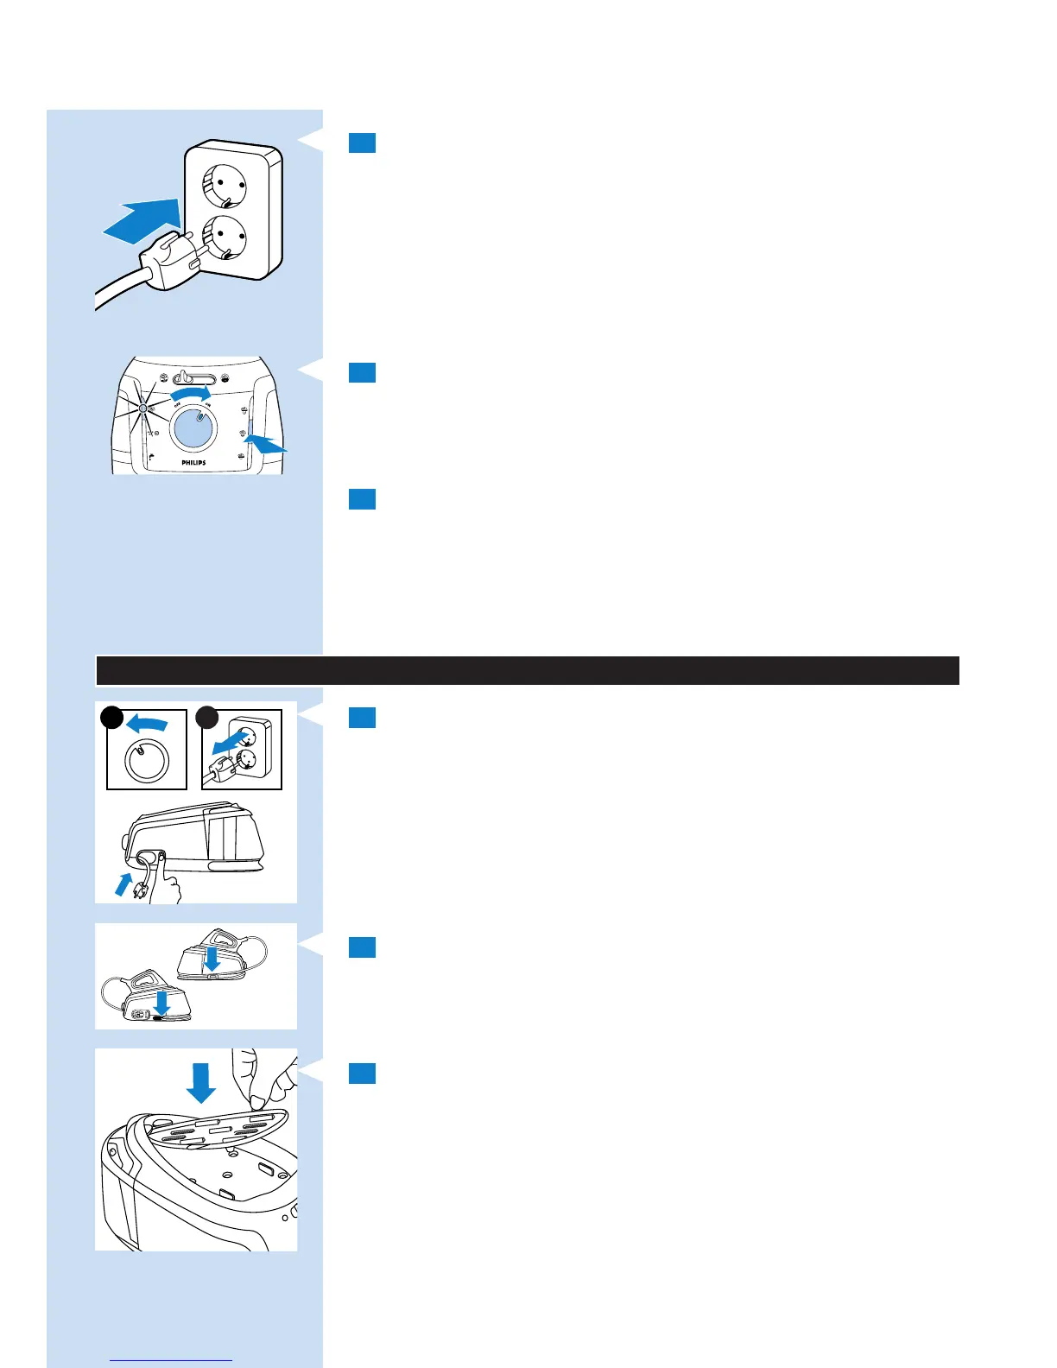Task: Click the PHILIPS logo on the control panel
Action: click(193, 463)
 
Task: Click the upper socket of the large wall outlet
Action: click(224, 185)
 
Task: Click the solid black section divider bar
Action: click(527, 670)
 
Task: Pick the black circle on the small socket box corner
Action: click(206, 717)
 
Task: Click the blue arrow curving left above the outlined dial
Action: click(147, 722)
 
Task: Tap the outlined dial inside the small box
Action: click(147, 760)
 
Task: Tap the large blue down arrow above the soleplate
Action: click(201, 1082)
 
